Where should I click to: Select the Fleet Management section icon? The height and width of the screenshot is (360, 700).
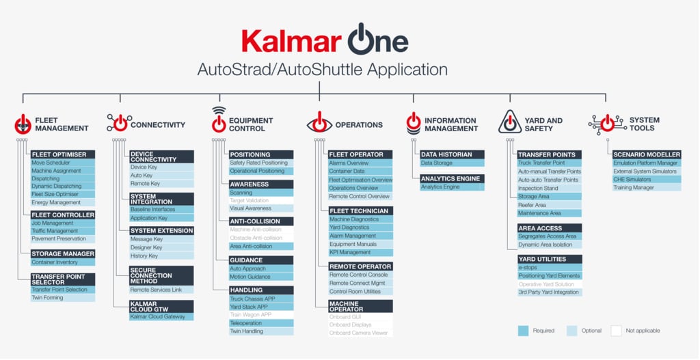click(x=23, y=124)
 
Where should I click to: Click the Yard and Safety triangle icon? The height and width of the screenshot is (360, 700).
click(x=510, y=122)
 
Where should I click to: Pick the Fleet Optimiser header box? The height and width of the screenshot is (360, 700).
click(x=62, y=154)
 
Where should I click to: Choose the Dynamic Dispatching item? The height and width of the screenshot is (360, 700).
click(x=62, y=186)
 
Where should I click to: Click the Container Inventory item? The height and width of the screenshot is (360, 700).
click(x=62, y=262)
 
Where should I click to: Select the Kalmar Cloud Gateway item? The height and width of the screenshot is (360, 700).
click(x=161, y=317)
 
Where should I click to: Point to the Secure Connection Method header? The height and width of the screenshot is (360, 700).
click(x=161, y=276)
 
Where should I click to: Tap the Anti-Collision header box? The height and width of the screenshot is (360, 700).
click(x=261, y=221)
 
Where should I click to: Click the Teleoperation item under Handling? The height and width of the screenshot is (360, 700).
click(x=261, y=323)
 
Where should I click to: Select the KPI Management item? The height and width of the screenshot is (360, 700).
click(x=360, y=253)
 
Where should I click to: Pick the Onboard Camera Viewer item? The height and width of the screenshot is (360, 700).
click(x=360, y=333)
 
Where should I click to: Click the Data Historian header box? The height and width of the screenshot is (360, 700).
click(x=452, y=155)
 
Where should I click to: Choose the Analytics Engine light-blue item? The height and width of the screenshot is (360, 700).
click(x=452, y=187)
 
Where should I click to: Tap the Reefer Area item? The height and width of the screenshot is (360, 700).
click(x=549, y=205)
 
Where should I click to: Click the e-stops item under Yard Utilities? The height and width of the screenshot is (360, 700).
click(x=549, y=268)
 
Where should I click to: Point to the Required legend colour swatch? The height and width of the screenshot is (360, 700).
click(x=523, y=331)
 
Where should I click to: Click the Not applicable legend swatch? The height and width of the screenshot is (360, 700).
click(x=616, y=331)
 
